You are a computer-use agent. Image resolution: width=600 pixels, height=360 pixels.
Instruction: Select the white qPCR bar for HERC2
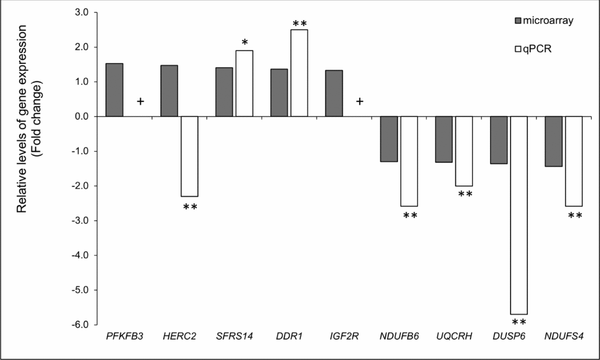tap(189, 156)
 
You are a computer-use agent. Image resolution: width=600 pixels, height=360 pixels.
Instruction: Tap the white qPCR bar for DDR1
tap(299, 73)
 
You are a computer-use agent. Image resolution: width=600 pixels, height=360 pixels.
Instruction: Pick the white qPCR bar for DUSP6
tap(518, 215)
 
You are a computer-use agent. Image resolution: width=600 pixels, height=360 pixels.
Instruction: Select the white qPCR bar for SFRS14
tap(244, 83)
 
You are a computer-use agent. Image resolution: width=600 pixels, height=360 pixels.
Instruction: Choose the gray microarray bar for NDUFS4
tap(553, 141)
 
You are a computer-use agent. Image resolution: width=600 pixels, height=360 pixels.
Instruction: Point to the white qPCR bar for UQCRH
tap(464, 151)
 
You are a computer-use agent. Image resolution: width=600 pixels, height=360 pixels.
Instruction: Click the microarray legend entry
tap(537, 21)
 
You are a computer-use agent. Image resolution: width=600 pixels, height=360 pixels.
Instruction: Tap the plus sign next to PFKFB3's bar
tap(140, 101)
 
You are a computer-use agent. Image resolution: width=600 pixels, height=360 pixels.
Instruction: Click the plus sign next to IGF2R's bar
tap(359, 101)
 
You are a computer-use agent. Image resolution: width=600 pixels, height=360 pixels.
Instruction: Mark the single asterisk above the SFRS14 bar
tap(244, 43)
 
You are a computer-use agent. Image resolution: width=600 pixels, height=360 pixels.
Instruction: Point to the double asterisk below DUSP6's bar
tap(519, 322)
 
